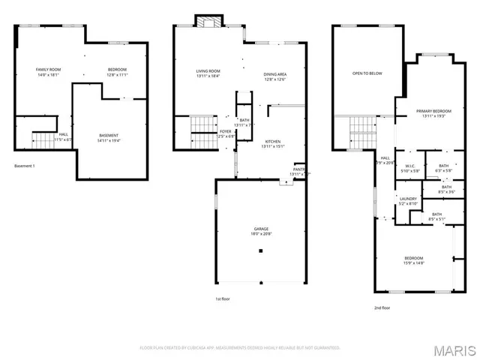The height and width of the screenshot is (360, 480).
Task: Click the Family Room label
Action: (x=49, y=70)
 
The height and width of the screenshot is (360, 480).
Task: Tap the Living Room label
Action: (x=208, y=70)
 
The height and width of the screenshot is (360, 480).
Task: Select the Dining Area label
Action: (x=274, y=74)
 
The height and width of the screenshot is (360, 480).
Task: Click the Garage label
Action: (x=260, y=229)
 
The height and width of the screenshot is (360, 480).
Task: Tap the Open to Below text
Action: (x=367, y=73)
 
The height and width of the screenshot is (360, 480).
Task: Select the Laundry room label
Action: (x=407, y=199)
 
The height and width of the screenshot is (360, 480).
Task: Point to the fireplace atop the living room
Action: (x=208, y=22)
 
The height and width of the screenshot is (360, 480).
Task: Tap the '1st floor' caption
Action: (x=222, y=298)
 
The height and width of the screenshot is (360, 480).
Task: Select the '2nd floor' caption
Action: (x=382, y=307)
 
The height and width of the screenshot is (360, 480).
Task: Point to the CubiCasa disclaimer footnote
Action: (x=240, y=348)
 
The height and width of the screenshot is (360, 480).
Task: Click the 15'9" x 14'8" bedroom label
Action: (x=413, y=259)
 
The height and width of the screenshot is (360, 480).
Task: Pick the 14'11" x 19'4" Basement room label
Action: (x=109, y=136)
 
